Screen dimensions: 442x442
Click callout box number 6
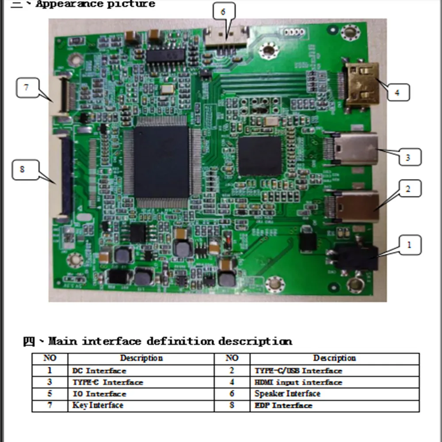click(224, 12)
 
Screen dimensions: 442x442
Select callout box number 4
click(396, 92)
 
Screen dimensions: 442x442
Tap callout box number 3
click(409, 157)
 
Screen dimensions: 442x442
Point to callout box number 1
click(409, 244)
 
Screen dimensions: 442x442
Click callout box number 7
click(27, 88)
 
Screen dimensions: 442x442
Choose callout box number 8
click(23, 170)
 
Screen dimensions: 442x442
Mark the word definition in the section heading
click(181, 341)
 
